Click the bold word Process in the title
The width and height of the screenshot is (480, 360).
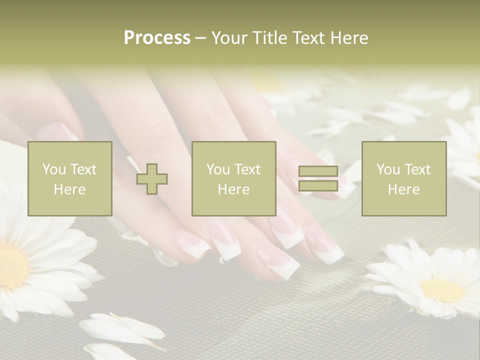click(157, 37)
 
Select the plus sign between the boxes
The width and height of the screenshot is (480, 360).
click(152, 178)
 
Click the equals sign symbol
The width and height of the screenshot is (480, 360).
click(318, 178)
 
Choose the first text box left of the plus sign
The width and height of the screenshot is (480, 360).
click(70, 178)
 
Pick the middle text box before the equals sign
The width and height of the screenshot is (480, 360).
click(234, 178)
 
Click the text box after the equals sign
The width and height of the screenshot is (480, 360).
click(404, 178)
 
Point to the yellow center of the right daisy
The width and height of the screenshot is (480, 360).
click(442, 290)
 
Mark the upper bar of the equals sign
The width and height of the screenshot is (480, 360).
click(318, 171)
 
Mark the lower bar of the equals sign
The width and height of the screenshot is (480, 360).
click(318, 185)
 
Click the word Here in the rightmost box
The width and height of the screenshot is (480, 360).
click(404, 189)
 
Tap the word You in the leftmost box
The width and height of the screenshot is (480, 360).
click(54, 169)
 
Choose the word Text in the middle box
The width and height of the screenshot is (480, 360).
click(248, 169)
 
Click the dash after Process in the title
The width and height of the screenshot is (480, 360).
click(200, 38)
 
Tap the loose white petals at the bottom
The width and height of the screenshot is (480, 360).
click(120, 330)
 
